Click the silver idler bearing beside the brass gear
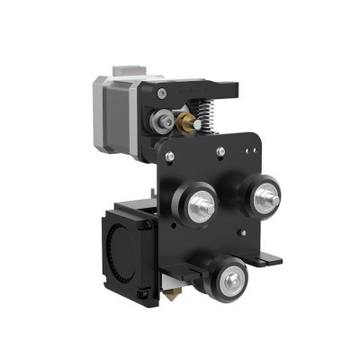[x=165, y=120]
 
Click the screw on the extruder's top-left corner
[x=161, y=93]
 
